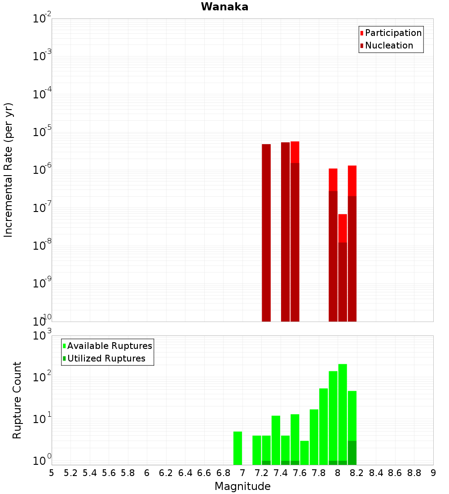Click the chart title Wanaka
click(x=224, y=7)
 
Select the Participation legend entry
click(x=391, y=33)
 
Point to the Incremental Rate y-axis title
click(x=9, y=170)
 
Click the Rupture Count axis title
click(x=17, y=400)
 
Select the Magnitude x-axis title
click(x=242, y=486)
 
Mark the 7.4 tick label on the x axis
click(x=281, y=473)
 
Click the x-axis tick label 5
click(x=52, y=473)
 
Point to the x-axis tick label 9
click(x=433, y=473)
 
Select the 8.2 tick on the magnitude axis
click(x=357, y=473)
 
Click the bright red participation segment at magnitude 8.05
click(x=343, y=228)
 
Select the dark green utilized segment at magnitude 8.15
click(x=352, y=453)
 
